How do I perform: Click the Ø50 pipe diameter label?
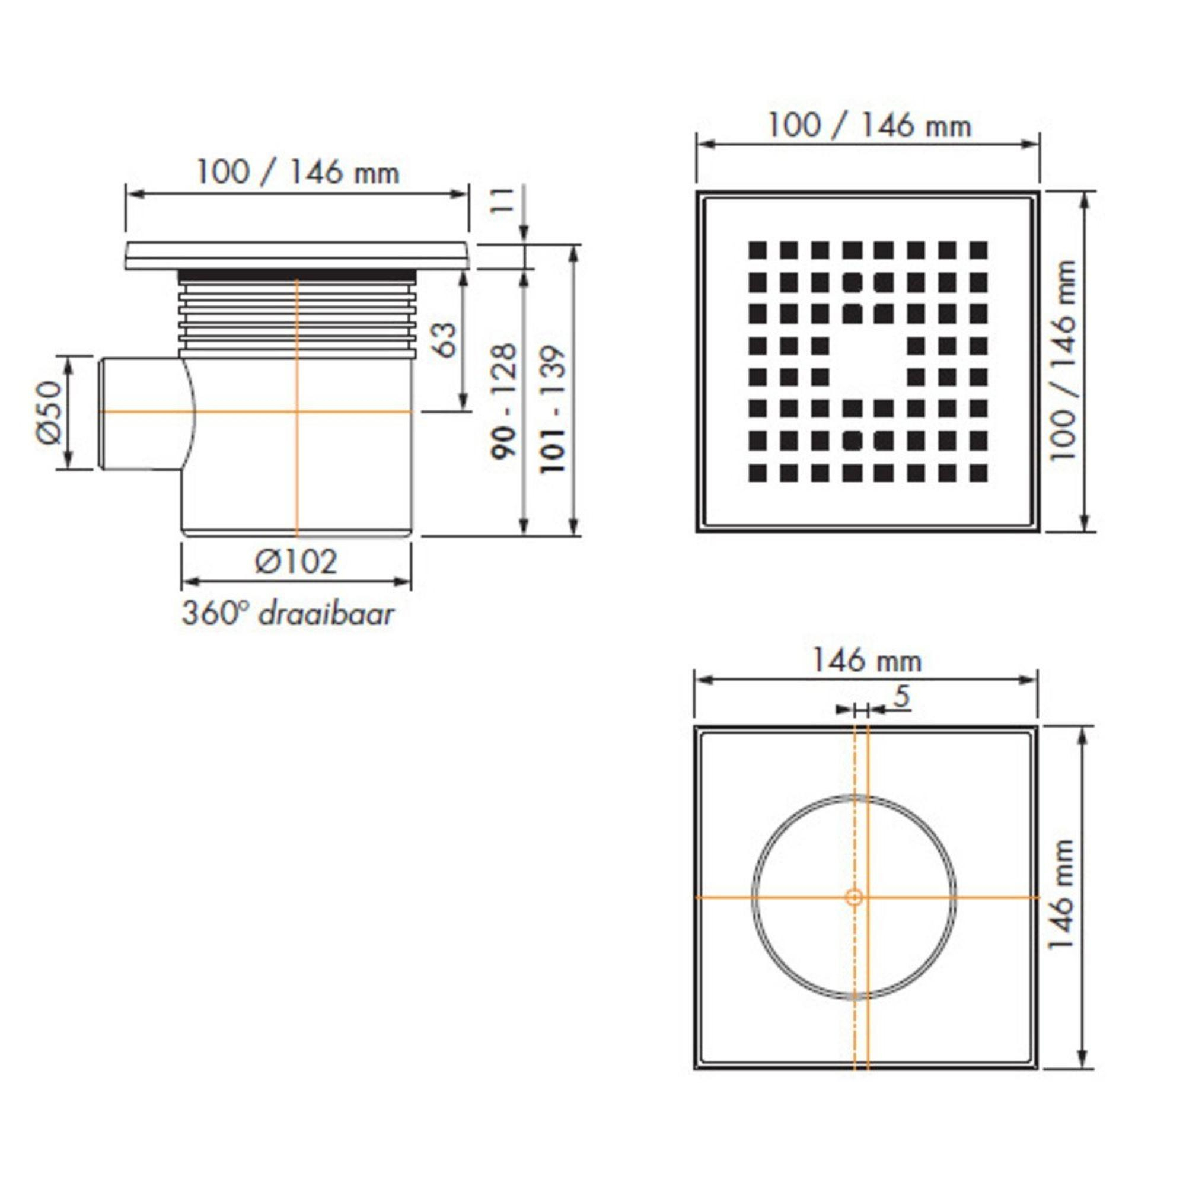pyautogui.click(x=50, y=413)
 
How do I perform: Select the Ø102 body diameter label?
pyautogui.click(x=296, y=561)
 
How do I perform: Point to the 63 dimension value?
pyautogui.click(x=447, y=339)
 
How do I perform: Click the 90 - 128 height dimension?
pyautogui.click(x=505, y=401)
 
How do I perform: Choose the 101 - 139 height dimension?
pyautogui.click(x=552, y=409)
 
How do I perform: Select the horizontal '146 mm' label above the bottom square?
pyautogui.click(x=868, y=661)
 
